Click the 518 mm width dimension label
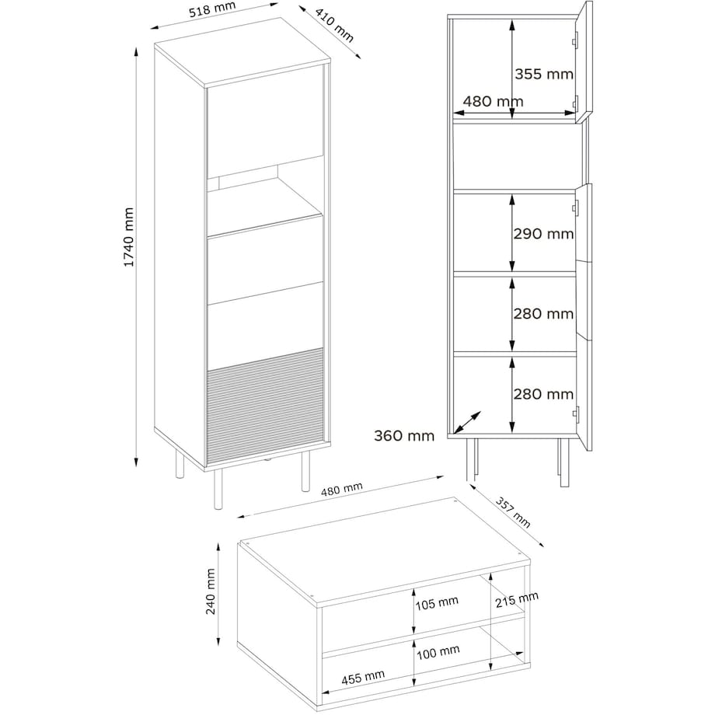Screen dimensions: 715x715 [212, 9]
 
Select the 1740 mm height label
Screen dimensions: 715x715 [129, 237]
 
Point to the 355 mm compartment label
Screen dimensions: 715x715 [544, 74]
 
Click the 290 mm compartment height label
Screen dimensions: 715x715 [543, 234]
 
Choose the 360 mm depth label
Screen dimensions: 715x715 [404, 436]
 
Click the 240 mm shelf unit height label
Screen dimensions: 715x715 [210, 591]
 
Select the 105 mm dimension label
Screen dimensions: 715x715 [437, 603]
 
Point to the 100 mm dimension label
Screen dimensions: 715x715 [438, 652]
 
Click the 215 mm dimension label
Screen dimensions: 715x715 [517, 599]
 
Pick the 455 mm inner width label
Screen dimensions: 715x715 [363, 677]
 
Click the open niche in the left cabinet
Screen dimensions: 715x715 [265, 196]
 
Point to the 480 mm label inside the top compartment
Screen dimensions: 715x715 [493, 101]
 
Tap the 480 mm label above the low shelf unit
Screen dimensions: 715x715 [341, 490]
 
